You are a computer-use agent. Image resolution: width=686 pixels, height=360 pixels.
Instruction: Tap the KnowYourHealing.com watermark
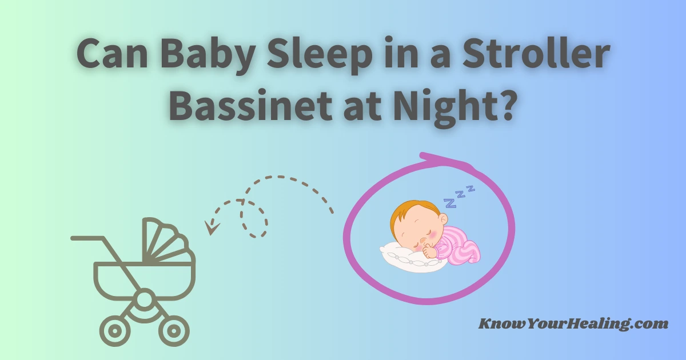click(573, 324)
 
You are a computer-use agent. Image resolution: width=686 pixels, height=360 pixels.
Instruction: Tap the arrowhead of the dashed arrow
click(213, 229)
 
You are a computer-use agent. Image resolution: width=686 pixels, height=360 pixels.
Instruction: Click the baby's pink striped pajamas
click(460, 246)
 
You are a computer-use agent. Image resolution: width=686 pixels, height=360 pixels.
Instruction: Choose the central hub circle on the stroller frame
click(145, 298)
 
